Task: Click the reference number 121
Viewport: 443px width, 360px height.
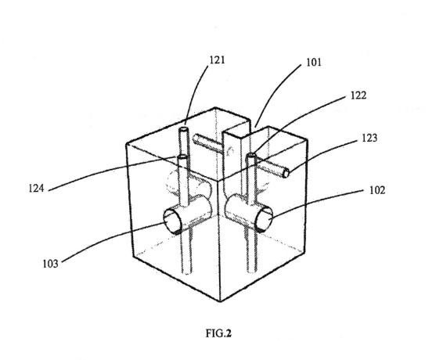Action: point(217,60)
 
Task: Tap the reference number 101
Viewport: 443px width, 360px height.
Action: point(314,62)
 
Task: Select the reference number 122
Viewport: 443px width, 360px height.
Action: point(358,95)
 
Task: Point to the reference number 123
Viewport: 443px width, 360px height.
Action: point(369,138)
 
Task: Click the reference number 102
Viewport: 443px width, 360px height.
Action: point(377,190)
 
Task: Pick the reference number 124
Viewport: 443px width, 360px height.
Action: point(36,188)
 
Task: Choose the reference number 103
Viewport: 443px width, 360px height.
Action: point(50,264)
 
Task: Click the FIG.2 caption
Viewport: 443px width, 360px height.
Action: point(218,333)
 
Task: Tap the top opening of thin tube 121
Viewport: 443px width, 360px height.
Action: point(184,129)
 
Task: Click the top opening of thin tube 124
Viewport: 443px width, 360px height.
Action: point(182,157)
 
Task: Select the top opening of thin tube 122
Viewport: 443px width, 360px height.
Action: point(251,155)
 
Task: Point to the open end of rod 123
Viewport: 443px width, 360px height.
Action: point(286,173)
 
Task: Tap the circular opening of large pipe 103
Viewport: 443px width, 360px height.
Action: point(172,221)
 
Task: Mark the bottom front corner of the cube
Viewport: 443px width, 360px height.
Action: point(220,301)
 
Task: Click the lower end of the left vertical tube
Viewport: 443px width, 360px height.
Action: point(187,272)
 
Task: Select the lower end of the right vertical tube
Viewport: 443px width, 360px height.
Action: point(252,272)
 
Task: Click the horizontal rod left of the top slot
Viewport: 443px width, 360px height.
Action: point(207,143)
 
